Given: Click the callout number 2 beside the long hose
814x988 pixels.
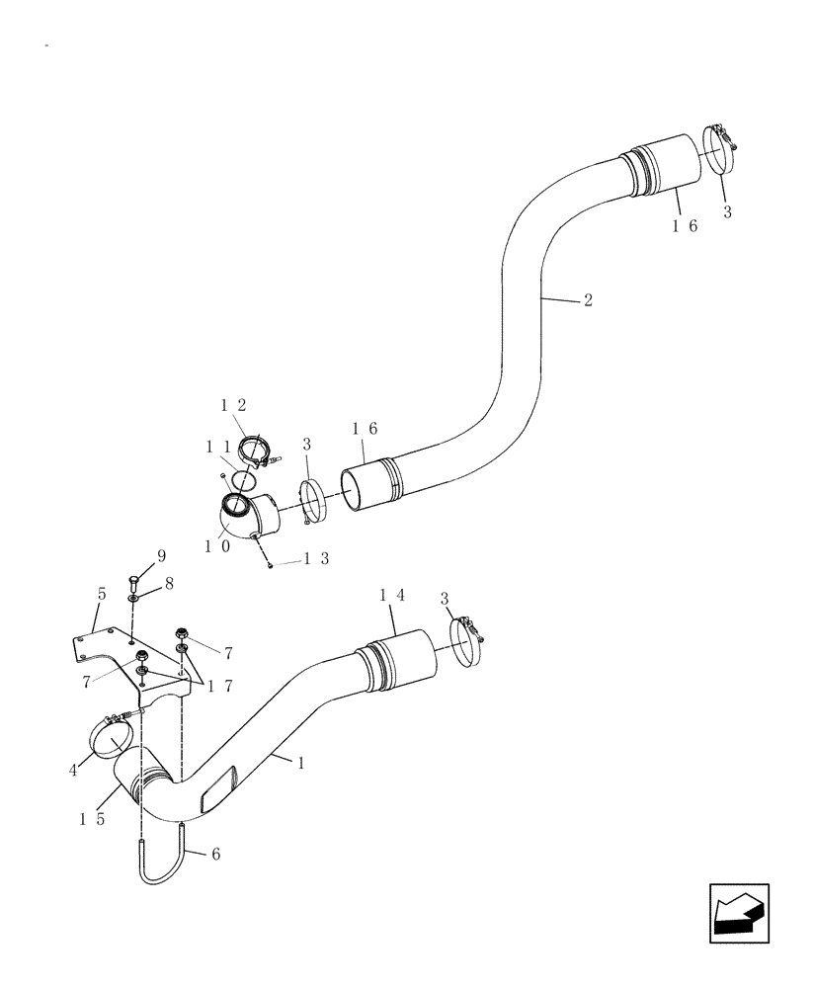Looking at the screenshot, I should coord(589,300).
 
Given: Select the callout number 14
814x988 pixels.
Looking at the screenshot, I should coord(392,595).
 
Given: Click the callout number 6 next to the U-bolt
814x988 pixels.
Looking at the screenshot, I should coord(215,853).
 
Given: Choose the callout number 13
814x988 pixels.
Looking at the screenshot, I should coord(315,560).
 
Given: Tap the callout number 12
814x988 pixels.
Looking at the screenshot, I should coord(233,405).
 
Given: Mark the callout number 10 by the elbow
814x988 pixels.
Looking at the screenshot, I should coord(217,544).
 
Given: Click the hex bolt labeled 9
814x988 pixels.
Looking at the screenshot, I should coord(135,580).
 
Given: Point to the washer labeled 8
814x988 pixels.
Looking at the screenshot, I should coord(133,599).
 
